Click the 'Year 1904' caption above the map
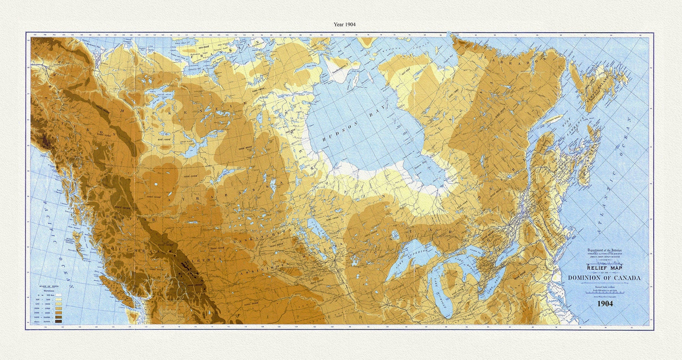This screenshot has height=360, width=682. [x=345, y=25]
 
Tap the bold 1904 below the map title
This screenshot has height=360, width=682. [x=605, y=304]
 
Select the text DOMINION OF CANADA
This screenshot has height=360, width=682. [x=604, y=278]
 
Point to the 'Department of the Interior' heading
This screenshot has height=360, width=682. [x=605, y=250]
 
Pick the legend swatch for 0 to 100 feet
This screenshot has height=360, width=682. [x=59, y=295]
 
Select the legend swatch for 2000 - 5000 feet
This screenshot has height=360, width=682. [x=59, y=313]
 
